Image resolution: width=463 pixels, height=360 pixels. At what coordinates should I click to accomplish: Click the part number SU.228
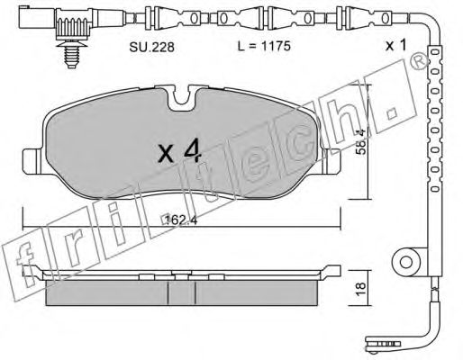coord(151,47)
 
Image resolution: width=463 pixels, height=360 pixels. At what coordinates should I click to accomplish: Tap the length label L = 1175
coord(264,46)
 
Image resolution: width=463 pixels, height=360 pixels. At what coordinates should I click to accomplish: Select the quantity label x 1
coord(395,45)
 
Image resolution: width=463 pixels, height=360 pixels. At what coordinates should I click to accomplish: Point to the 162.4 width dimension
coord(181,220)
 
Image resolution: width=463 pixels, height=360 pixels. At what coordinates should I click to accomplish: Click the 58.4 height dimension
coord(360,141)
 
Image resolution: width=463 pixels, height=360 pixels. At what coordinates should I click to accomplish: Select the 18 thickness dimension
coord(360,289)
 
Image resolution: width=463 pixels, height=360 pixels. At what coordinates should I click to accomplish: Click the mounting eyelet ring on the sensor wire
coord(406,262)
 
